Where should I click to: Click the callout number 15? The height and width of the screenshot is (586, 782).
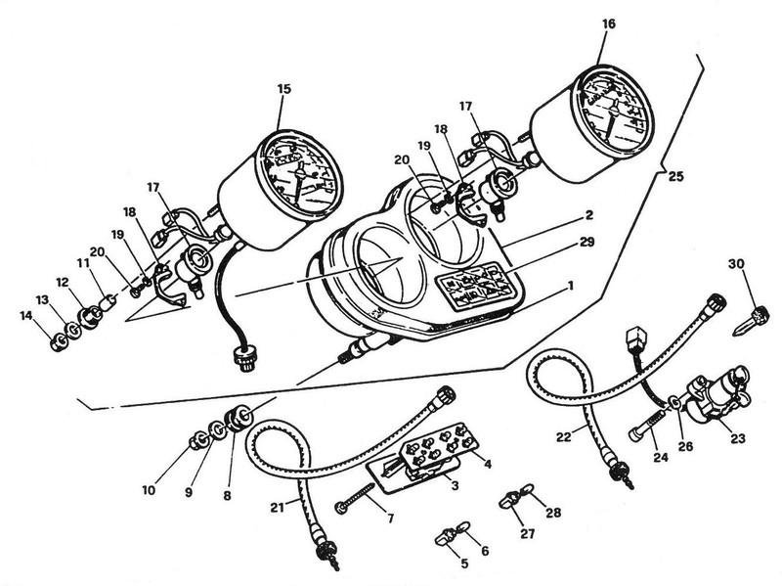coord(283,90)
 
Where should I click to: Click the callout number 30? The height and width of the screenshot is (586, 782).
coord(735,263)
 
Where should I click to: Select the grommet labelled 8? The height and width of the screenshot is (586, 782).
coord(235,419)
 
